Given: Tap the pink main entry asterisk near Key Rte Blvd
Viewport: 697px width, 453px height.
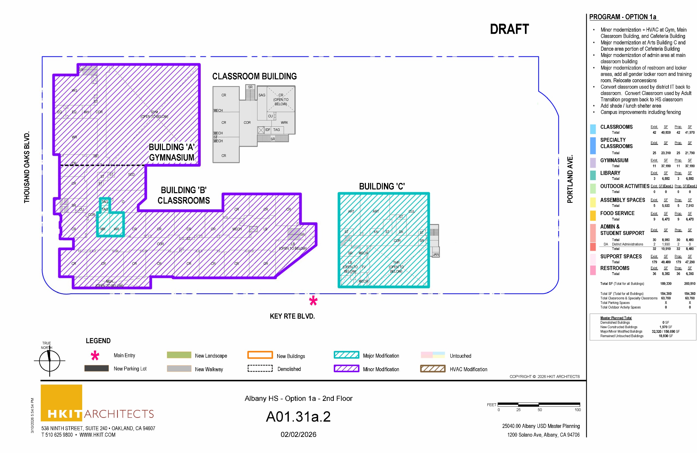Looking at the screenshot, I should tap(313, 301).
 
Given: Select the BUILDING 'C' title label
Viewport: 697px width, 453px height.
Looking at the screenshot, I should tap(382, 186).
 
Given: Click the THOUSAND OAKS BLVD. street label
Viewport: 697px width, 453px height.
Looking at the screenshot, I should tap(27, 167).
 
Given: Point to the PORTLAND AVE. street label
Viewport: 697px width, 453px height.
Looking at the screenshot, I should tap(570, 179).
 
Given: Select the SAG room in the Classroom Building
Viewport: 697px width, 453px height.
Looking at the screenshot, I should tap(262, 95).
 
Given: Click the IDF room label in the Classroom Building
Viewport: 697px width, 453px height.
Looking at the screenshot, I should tap(268, 129).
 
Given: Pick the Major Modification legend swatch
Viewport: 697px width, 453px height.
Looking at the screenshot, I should tap(346, 355).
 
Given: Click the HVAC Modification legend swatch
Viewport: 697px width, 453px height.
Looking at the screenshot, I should tap(433, 369).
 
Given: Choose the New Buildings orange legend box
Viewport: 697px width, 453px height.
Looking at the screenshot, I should tap(260, 355).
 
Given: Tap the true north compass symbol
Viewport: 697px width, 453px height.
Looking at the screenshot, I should tap(50, 361).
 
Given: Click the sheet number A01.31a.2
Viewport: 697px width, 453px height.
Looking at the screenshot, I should tap(298, 417).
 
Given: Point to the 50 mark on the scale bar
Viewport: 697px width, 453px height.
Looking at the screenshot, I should tap(539, 410).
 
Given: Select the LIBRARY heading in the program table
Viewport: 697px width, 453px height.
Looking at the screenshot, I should tap(610, 173).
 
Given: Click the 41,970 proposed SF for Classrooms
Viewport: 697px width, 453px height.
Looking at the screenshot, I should tap(690, 132).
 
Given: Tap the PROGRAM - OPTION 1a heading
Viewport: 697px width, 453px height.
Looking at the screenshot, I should tap(623, 17).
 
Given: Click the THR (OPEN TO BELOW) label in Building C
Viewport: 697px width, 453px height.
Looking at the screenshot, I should tap(396, 267).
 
